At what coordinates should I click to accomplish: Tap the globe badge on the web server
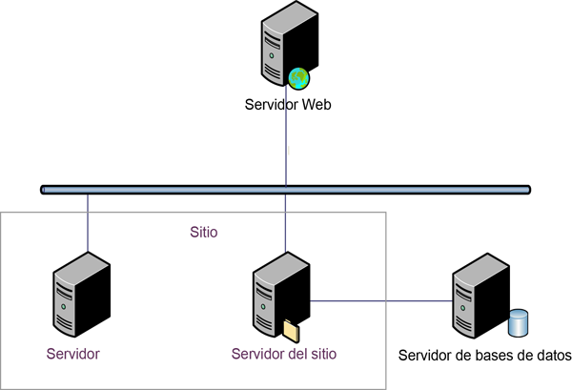click(x=299, y=77)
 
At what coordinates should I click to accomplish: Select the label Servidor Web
click(x=287, y=105)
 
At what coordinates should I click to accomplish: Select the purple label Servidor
click(x=73, y=354)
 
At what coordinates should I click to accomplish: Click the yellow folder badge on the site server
click(x=291, y=330)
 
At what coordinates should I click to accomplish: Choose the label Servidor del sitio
click(x=284, y=354)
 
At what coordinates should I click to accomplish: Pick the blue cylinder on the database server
click(x=519, y=322)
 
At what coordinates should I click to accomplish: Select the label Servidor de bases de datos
click(x=483, y=357)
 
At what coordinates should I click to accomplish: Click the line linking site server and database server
click(x=381, y=301)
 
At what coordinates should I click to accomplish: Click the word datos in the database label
click(x=552, y=357)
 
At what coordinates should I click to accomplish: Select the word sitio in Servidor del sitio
click(x=320, y=354)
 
